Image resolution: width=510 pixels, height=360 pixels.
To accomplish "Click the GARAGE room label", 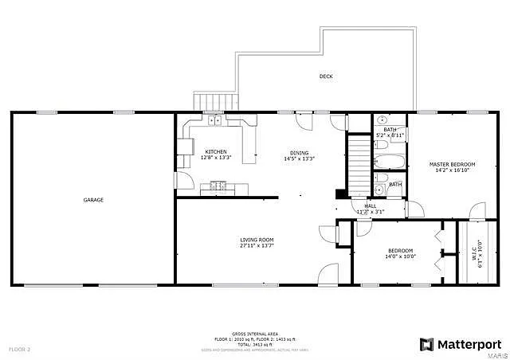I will click(x=93, y=200).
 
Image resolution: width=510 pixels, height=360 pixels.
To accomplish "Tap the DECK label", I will click(x=326, y=76).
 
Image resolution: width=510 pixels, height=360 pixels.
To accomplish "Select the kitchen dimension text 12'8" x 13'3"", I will click(x=215, y=158).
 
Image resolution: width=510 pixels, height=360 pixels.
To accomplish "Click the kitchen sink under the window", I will click(x=215, y=121).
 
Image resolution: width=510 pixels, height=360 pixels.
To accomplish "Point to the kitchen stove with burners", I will click(x=218, y=187).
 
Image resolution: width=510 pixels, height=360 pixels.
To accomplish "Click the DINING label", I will click(x=299, y=152).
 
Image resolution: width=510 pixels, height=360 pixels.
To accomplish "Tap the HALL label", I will click(x=371, y=205).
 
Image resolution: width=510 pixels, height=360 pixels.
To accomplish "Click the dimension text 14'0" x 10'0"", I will click(x=400, y=256).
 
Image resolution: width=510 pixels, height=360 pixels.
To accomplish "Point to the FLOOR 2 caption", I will click(x=19, y=350).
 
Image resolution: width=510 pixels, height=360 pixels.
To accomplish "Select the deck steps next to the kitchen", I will click(x=217, y=102).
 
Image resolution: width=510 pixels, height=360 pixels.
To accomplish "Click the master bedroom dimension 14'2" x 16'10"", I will click(x=448, y=170).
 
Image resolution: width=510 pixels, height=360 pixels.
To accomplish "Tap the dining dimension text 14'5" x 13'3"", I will click(x=299, y=158).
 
